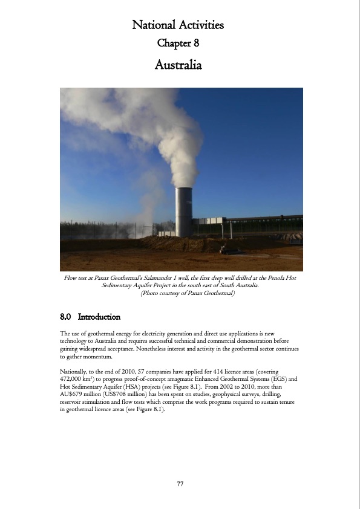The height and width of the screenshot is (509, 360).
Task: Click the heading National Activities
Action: click(x=178, y=25)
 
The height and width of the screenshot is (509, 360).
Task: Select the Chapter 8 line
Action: click(x=178, y=43)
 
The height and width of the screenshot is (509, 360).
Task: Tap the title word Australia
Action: click(x=178, y=63)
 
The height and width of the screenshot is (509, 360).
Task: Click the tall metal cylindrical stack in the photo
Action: click(x=184, y=211)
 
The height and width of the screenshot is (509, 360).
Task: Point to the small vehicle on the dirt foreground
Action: click(x=230, y=248)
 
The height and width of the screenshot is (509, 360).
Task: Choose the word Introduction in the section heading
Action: click(x=99, y=317)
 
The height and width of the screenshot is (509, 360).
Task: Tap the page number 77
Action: click(x=180, y=484)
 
